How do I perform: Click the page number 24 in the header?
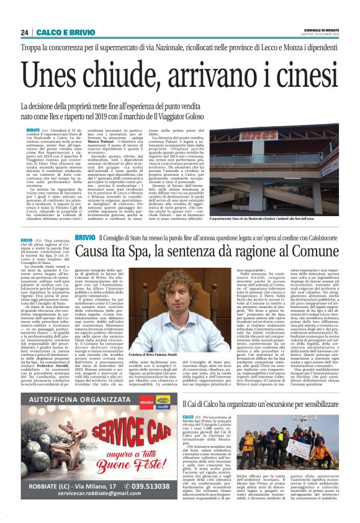coord(24,32)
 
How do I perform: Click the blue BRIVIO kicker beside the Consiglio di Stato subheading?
coord(84,239)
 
